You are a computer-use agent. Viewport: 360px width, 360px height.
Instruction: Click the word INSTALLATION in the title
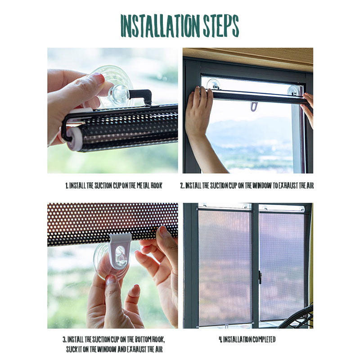point(160,26)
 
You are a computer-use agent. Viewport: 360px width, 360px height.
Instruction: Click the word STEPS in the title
point(221,26)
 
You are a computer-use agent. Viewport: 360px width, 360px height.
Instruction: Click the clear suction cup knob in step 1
point(119,94)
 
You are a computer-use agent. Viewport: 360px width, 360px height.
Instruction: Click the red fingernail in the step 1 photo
point(99,79)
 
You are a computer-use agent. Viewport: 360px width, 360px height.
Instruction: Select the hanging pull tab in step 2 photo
point(254,107)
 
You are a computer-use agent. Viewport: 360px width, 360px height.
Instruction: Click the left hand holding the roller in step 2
point(198,108)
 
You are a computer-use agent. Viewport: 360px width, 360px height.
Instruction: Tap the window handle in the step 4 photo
point(260,277)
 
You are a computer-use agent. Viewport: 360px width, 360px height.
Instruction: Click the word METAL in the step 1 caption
point(143,185)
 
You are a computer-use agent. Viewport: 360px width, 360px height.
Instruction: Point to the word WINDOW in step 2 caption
point(262,185)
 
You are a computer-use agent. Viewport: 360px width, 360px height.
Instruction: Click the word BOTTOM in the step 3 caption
point(143,339)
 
